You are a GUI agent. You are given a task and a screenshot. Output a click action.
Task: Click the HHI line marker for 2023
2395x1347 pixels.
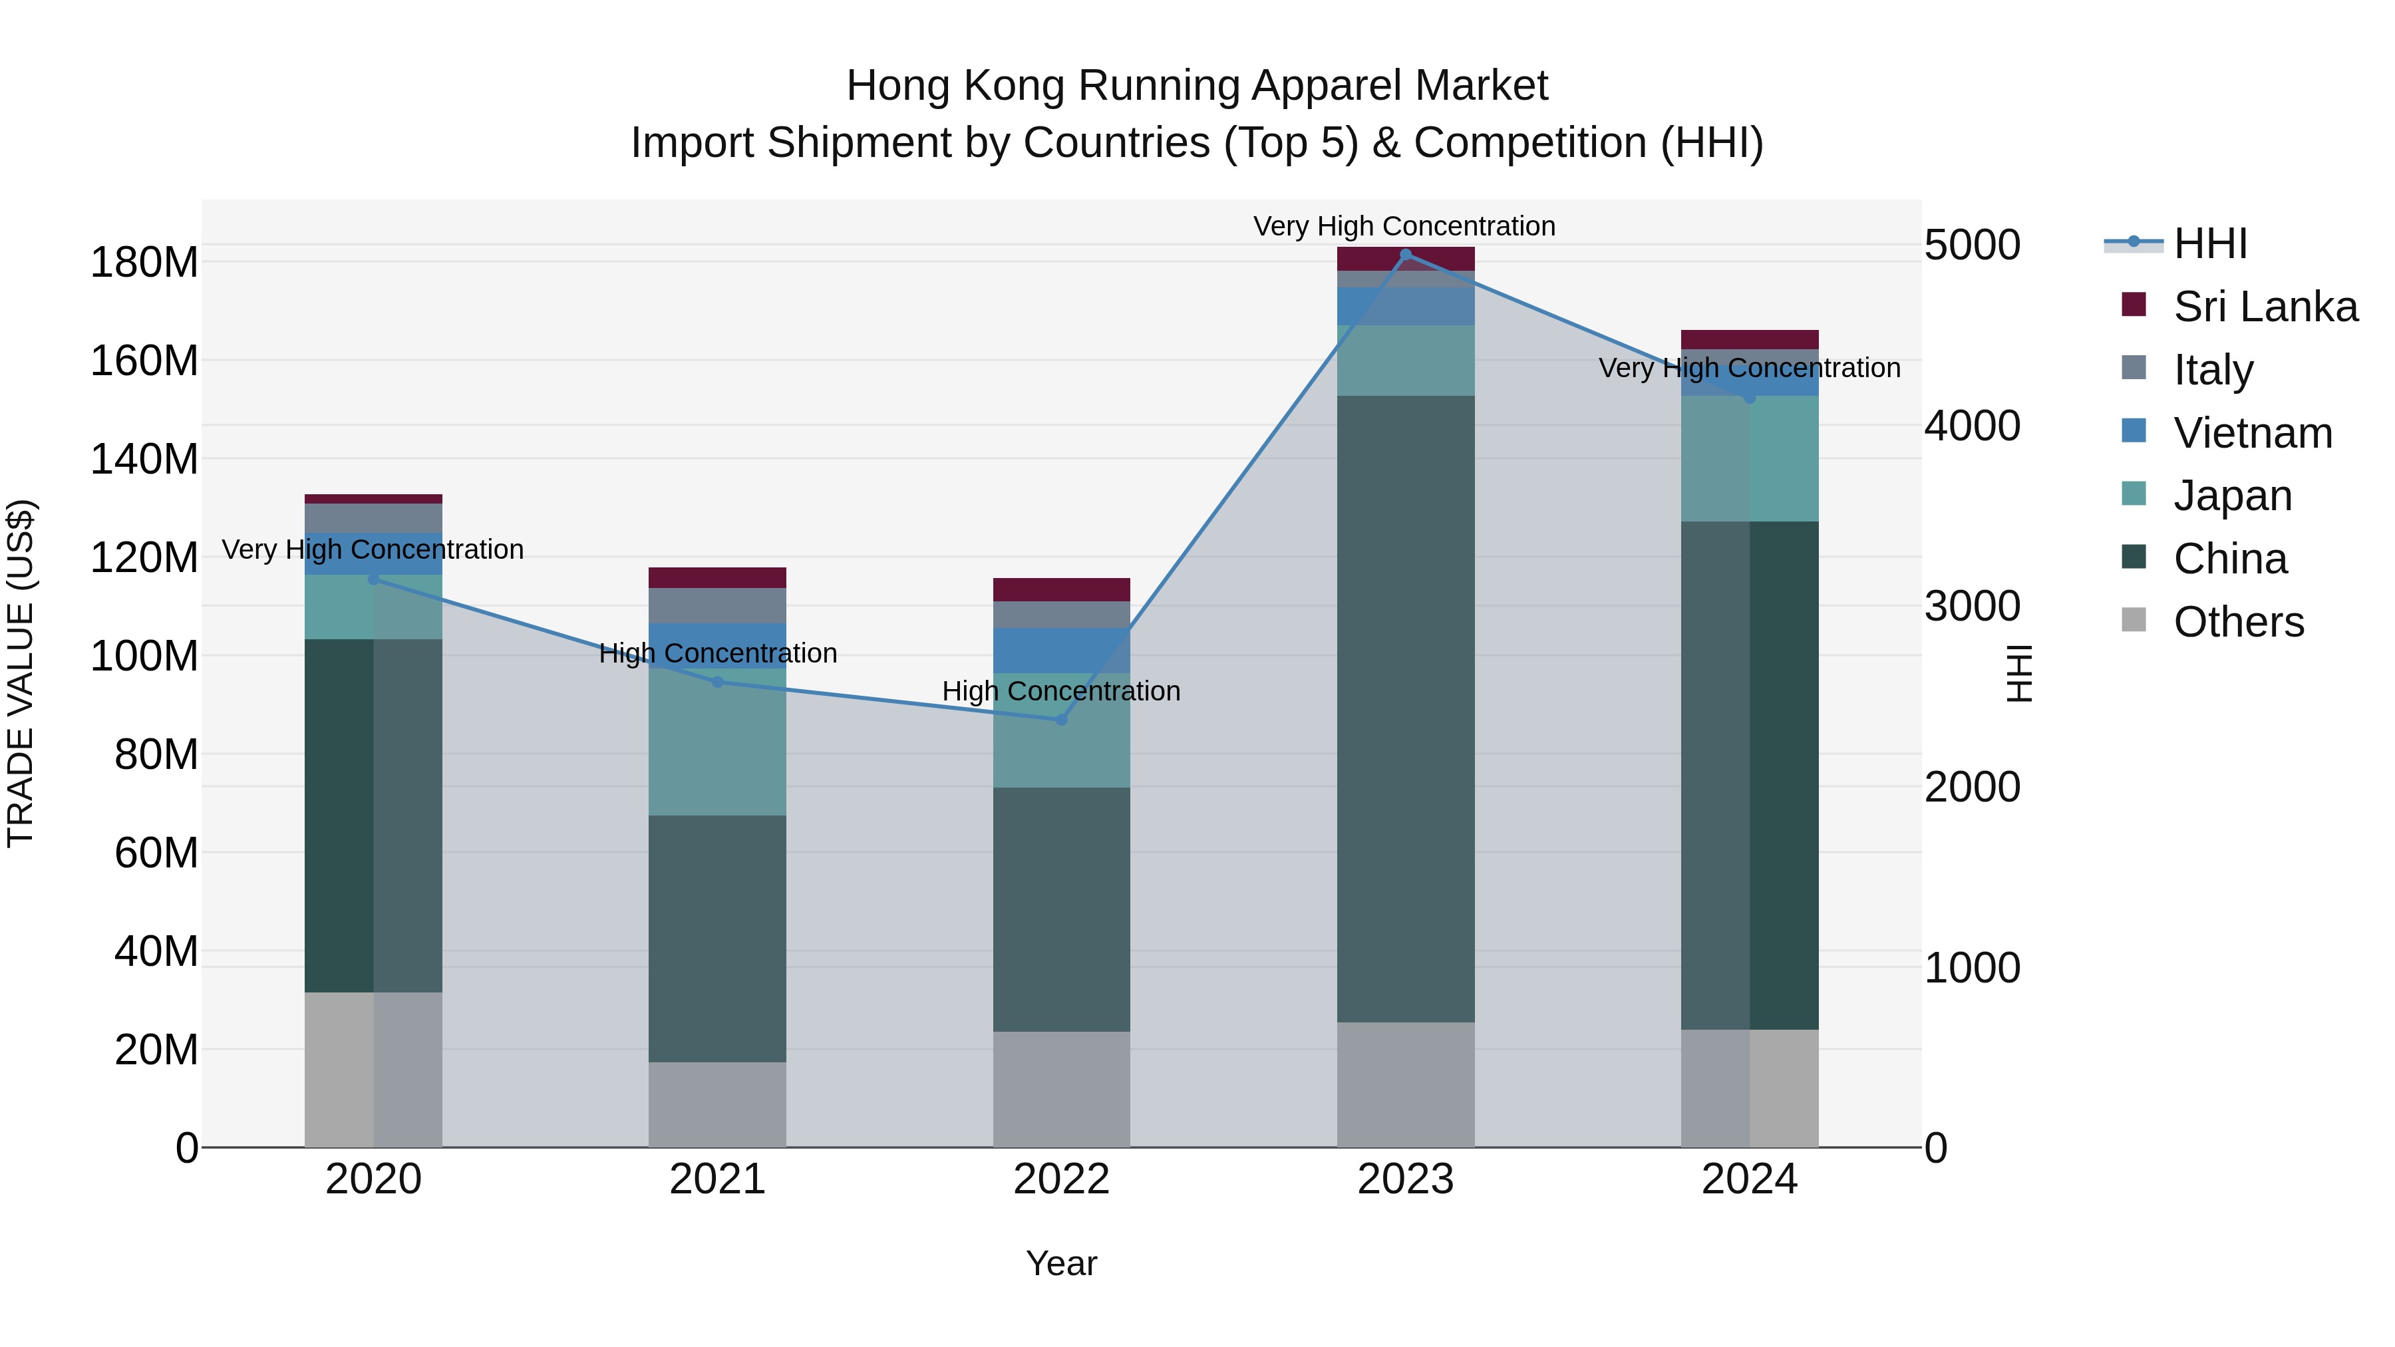tap(1405, 255)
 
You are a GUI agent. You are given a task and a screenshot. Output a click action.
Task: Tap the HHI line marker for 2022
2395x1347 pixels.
tap(1062, 720)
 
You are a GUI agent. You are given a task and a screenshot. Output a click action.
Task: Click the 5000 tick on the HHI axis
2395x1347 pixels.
tap(1971, 245)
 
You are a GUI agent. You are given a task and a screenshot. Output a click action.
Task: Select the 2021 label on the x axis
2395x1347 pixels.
tap(717, 1179)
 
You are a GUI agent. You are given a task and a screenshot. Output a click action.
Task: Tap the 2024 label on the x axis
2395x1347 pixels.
tap(1749, 1179)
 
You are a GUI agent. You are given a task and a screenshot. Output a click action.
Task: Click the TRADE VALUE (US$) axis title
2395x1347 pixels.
tap(21, 673)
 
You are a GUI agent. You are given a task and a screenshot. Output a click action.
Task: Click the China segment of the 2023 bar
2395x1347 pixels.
tap(1405, 708)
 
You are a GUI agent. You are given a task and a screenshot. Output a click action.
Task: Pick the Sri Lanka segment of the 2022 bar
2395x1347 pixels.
tap(1061, 589)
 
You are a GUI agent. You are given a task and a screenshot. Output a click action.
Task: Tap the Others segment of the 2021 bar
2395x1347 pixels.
tap(717, 1104)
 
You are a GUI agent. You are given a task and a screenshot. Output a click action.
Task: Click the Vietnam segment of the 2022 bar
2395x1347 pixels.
tap(1061, 650)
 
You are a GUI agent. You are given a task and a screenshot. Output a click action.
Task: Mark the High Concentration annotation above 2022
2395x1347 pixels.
tap(1061, 692)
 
